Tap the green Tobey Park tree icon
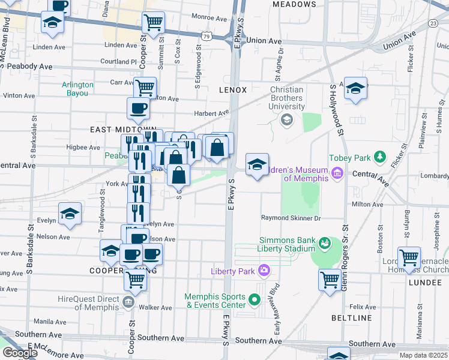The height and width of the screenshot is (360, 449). click(379, 157)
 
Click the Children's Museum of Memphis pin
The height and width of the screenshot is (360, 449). click(337, 174)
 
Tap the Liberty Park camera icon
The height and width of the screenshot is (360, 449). click(263, 270)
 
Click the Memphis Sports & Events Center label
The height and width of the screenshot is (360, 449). click(215, 301)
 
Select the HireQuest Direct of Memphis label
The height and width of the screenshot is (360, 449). click(89, 301)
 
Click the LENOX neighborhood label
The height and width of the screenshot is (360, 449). click(233, 90)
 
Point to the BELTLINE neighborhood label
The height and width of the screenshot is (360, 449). click(351, 317)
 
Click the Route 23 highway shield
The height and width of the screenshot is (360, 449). click(432, 23)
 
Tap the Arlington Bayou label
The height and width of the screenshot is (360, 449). click(78, 89)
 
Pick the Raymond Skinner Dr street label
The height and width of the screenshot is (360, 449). click(291, 218)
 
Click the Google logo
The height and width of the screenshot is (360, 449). click(20, 353)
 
